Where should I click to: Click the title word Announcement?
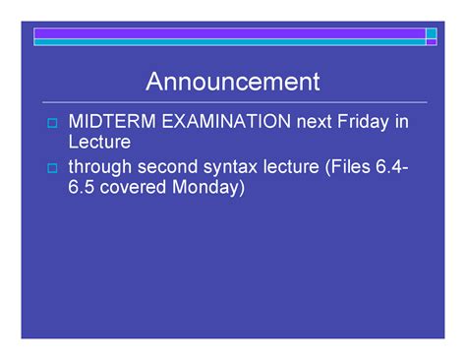pos(233,82)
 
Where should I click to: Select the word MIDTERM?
pos(112,121)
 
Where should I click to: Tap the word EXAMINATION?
pos(226,121)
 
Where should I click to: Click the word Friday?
pos(363,122)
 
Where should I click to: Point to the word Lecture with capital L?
pos(99,142)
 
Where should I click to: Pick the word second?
pos(167,166)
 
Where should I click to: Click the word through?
pos(100,167)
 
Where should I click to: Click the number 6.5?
pos(81,187)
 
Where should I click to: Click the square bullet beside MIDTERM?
pos(52,123)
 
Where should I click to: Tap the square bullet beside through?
pos(52,168)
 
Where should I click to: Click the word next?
pos(314,122)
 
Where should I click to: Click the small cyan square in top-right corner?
pos(432,33)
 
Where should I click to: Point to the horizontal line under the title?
pos(235,102)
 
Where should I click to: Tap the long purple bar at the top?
pos(229,33)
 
